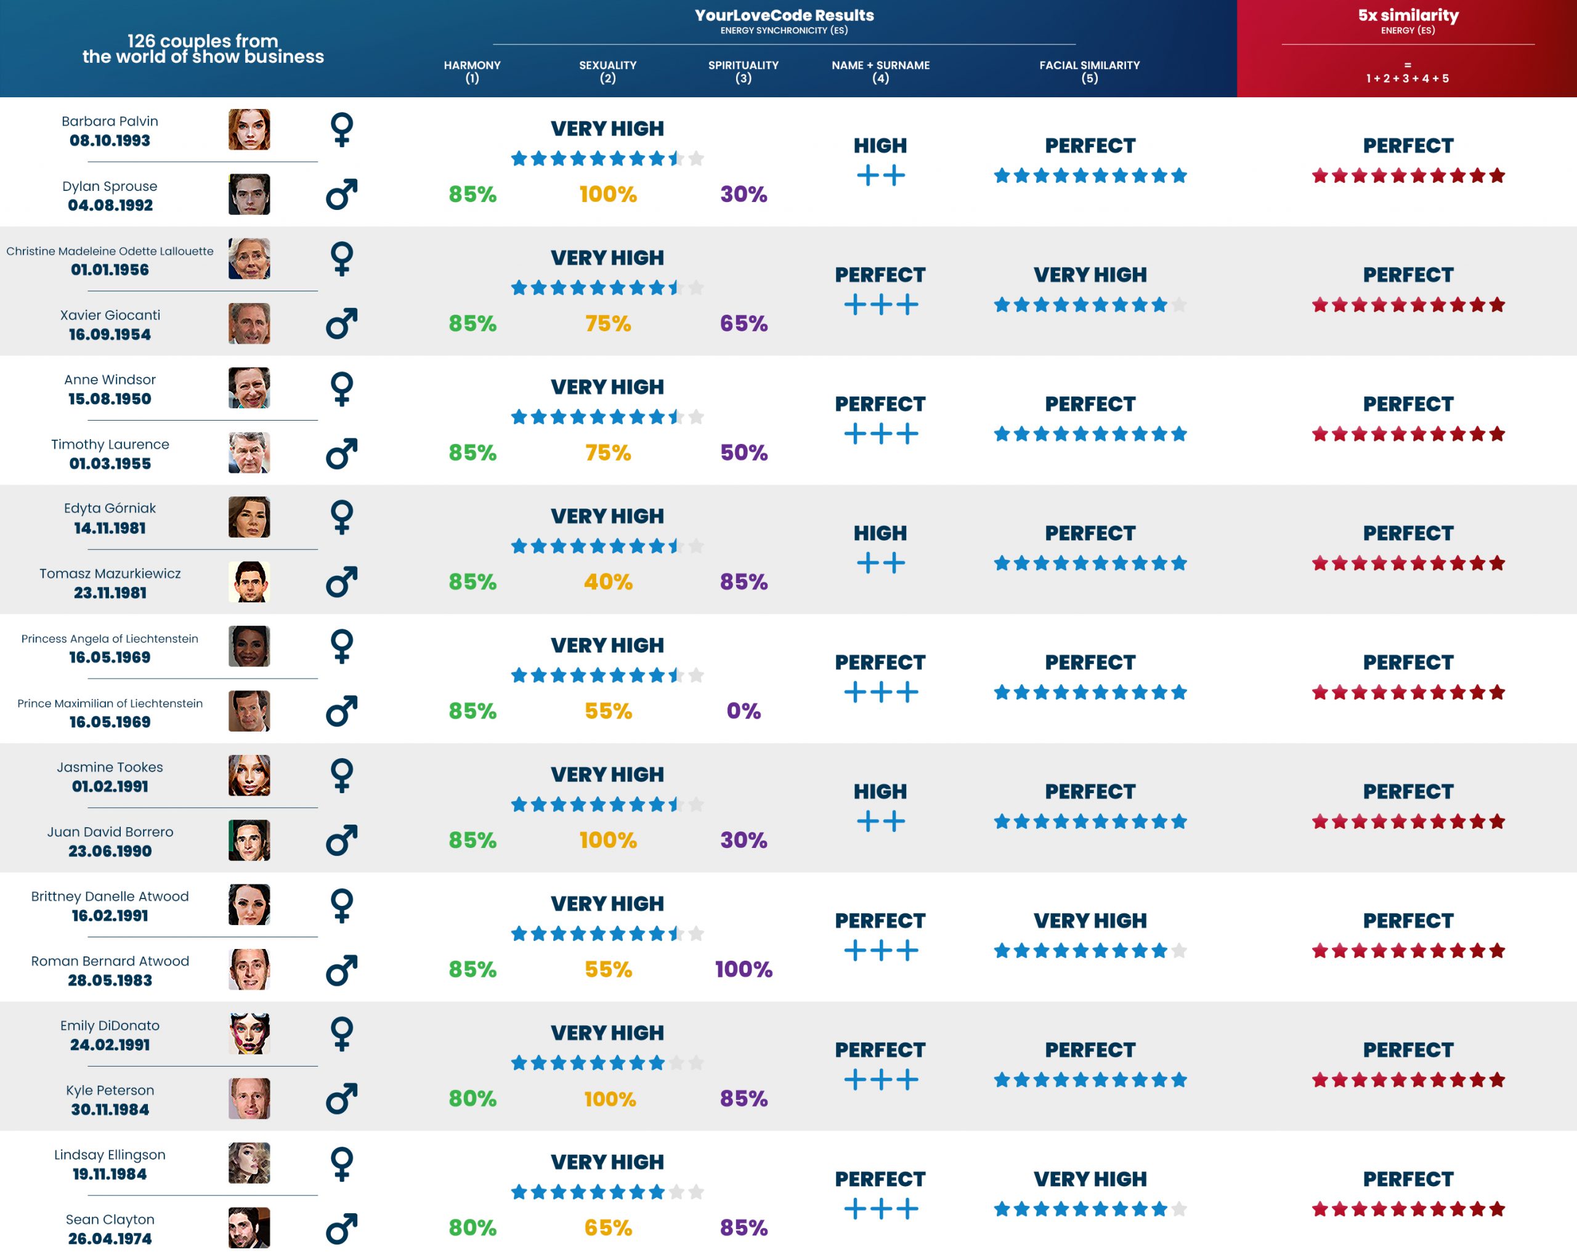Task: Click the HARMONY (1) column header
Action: (x=472, y=71)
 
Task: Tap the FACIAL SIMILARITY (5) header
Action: (x=1089, y=71)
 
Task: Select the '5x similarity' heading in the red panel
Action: (x=1408, y=15)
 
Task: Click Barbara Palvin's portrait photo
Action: (x=249, y=129)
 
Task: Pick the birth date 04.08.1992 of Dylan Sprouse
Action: (x=110, y=206)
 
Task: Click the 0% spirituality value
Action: (x=743, y=711)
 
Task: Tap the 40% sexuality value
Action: (x=608, y=582)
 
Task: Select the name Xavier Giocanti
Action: (x=110, y=315)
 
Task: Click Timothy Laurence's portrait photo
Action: (x=249, y=453)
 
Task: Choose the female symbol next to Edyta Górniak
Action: (x=342, y=517)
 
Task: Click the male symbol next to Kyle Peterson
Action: (x=342, y=1099)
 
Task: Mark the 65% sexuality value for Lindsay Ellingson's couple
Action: (x=608, y=1228)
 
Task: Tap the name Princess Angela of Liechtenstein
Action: (x=110, y=639)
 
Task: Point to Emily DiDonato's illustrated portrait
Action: (x=249, y=1033)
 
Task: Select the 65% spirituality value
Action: (x=743, y=323)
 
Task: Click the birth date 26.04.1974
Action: (x=110, y=1239)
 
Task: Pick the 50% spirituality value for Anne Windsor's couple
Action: (x=743, y=453)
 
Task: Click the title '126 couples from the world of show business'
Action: (x=203, y=49)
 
